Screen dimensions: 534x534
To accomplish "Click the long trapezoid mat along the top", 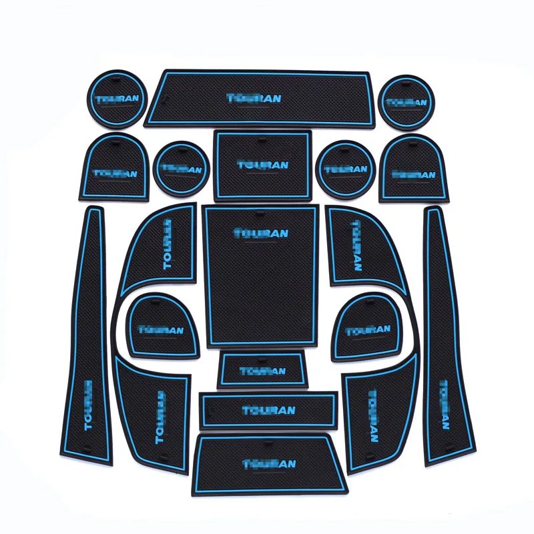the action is tap(257, 97).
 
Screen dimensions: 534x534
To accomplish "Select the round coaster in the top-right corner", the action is tap(406, 102).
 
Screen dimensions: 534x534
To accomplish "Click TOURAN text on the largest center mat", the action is tap(260, 233).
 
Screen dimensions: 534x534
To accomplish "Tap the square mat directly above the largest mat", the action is tap(262, 164).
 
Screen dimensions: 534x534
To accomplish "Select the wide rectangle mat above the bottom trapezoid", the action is tap(268, 409).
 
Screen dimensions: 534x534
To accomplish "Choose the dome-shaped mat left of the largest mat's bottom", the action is tap(164, 327).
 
